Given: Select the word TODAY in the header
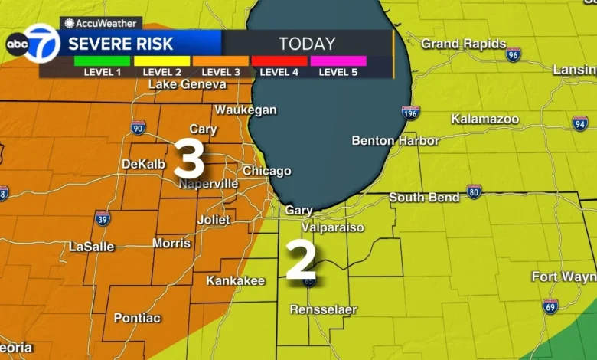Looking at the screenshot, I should tap(307, 44).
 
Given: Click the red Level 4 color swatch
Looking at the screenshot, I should tap(279, 61).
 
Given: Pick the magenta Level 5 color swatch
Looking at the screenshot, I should tap(338, 61).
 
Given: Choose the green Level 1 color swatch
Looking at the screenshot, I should tap(102, 61).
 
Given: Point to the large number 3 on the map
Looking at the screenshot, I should tap(189, 159).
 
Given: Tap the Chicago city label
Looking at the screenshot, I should tap(266, 171).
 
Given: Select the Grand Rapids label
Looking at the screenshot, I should tap(463, 44).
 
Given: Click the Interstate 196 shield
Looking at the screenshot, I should tap(411, 113).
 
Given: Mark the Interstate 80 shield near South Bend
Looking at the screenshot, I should tap(474, 191).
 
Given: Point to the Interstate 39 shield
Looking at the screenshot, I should tap(103, 218).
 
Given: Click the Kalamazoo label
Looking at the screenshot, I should tap(484, 119).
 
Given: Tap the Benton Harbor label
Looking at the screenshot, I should tap(395, 141).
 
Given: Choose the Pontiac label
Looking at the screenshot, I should tap(138, 317).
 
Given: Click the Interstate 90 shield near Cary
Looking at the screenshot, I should tap(138, 128).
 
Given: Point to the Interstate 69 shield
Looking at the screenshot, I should tap(550, 306).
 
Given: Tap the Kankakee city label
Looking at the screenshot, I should tap(235, 281).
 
